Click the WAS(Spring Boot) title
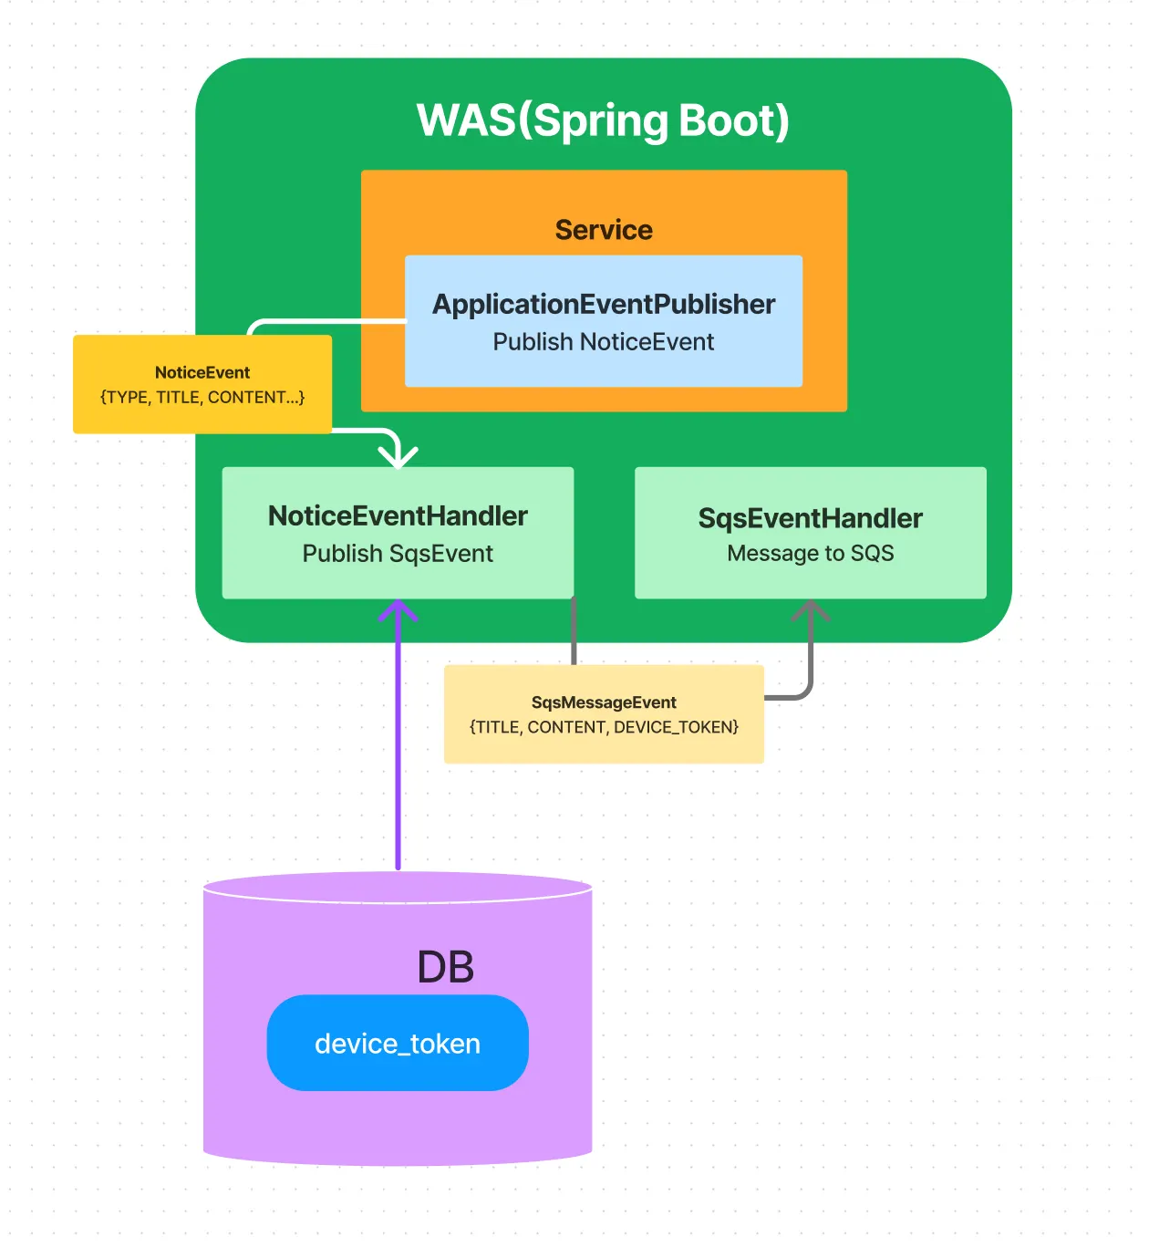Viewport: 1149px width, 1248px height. coord(603,120)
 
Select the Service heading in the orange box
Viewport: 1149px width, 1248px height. coord(604,230)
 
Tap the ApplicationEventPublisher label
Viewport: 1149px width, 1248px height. coord(604,304)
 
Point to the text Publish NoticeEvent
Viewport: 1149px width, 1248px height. coord(604,342)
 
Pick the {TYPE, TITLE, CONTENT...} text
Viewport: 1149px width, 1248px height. coord(202,398)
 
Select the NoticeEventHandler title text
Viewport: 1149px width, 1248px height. coord(398,516)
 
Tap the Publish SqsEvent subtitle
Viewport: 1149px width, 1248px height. coord(398,554)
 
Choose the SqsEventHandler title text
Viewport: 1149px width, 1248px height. coord(811,518)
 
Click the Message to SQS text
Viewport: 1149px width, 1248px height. coord(811,554)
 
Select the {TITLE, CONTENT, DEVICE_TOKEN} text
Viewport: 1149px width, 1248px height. coord(604,727)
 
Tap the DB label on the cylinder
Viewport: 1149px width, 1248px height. coord(445,967)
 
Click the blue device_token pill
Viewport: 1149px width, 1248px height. coord(398,1043)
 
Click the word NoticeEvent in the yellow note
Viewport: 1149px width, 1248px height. coord(202,372)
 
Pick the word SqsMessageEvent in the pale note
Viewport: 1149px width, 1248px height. coord(604,702)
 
